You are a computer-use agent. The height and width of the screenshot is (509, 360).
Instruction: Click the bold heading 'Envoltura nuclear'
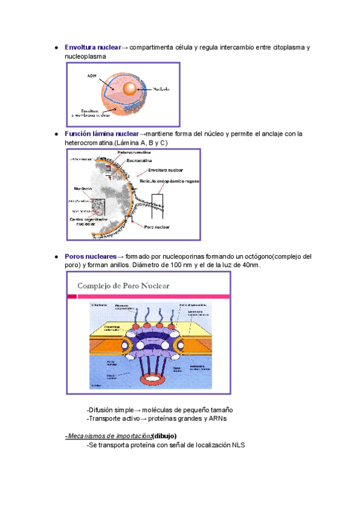tap(92, 47)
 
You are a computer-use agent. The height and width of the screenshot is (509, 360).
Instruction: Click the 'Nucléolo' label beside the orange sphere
tap(161, 89)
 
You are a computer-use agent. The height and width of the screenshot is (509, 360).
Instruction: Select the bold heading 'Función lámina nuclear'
tap(101, 134)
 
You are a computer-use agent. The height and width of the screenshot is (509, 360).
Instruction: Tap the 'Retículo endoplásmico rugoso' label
tap(170, 181)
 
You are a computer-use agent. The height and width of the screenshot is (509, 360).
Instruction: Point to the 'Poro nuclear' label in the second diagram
tap(157, 227)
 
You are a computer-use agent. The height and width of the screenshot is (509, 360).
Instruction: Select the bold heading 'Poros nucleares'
tap(90, 256)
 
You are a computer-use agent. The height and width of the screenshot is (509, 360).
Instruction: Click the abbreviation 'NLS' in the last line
tap(238, 445)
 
